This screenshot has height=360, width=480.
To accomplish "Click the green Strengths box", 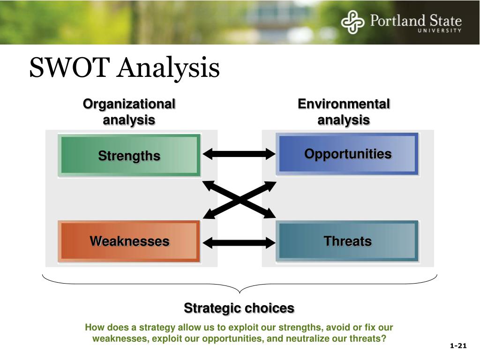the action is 129,156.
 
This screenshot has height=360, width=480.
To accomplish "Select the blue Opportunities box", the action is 347,154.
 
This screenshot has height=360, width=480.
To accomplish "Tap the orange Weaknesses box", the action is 129,241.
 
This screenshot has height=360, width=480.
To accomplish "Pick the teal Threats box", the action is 347,241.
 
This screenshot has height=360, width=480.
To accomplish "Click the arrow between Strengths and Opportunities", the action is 239,154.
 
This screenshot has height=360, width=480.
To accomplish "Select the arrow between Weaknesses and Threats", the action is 239,243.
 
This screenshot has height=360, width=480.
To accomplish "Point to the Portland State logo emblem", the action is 352,22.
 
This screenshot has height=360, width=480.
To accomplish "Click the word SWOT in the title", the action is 69,67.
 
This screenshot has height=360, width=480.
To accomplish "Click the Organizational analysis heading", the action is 129,112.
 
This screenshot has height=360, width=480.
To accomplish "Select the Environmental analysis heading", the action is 344,112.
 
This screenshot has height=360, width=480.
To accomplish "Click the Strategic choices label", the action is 239,308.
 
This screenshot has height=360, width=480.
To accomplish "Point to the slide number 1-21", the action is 458,345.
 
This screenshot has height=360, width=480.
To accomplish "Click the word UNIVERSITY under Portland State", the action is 440,30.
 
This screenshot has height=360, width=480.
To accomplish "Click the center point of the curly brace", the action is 240,292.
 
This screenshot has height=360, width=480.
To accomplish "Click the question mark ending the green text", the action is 383,338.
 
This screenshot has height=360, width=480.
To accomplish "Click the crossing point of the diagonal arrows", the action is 240,200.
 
